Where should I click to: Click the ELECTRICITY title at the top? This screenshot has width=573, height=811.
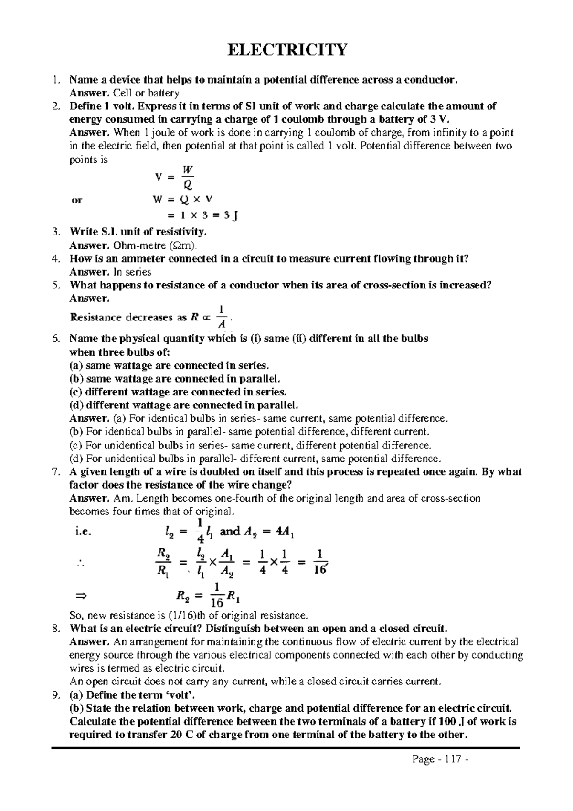[286, 50]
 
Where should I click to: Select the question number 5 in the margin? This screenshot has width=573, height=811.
[56, 285]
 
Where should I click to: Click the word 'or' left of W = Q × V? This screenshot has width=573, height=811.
[76, 201]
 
